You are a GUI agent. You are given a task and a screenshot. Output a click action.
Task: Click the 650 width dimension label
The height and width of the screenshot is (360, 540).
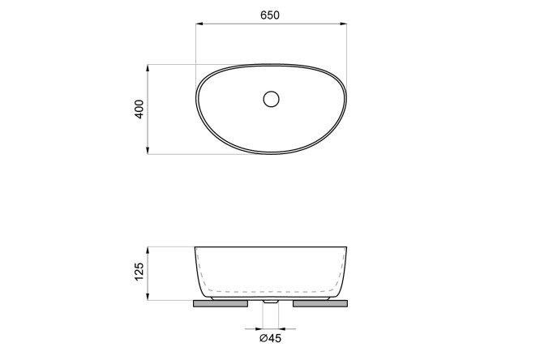pyautogui.click(x=270, y=15)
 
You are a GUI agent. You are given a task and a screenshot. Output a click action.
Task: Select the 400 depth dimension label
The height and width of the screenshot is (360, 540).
pyautogui.click(x=139, y=109)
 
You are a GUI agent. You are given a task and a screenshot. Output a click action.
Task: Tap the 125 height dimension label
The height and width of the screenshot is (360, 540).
pyautogui.click(x=139, y=272)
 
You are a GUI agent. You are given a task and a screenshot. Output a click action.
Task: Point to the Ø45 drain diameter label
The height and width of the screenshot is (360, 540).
pyautogui.click(x=270, y=338)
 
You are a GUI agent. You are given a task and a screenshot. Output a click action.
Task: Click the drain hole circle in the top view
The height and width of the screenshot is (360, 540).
pyautogui.click(x=271, y=99)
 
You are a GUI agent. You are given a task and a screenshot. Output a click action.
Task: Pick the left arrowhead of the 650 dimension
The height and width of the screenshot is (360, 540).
pyautogui.click(x=199, y=24)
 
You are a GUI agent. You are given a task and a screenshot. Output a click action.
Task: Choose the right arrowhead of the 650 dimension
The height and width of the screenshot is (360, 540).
pyautogui.click(x=343, y=24)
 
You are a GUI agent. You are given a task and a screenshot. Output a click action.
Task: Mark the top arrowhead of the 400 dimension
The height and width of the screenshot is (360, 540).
pyautogui.click(x=148, y=68)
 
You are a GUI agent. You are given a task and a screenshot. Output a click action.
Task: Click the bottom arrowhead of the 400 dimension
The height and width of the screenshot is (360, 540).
pyautogui.click(x=148, y=151)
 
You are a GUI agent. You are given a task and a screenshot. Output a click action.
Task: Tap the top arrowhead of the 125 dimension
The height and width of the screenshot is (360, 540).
pyautogui.click(x=148, y=251)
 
